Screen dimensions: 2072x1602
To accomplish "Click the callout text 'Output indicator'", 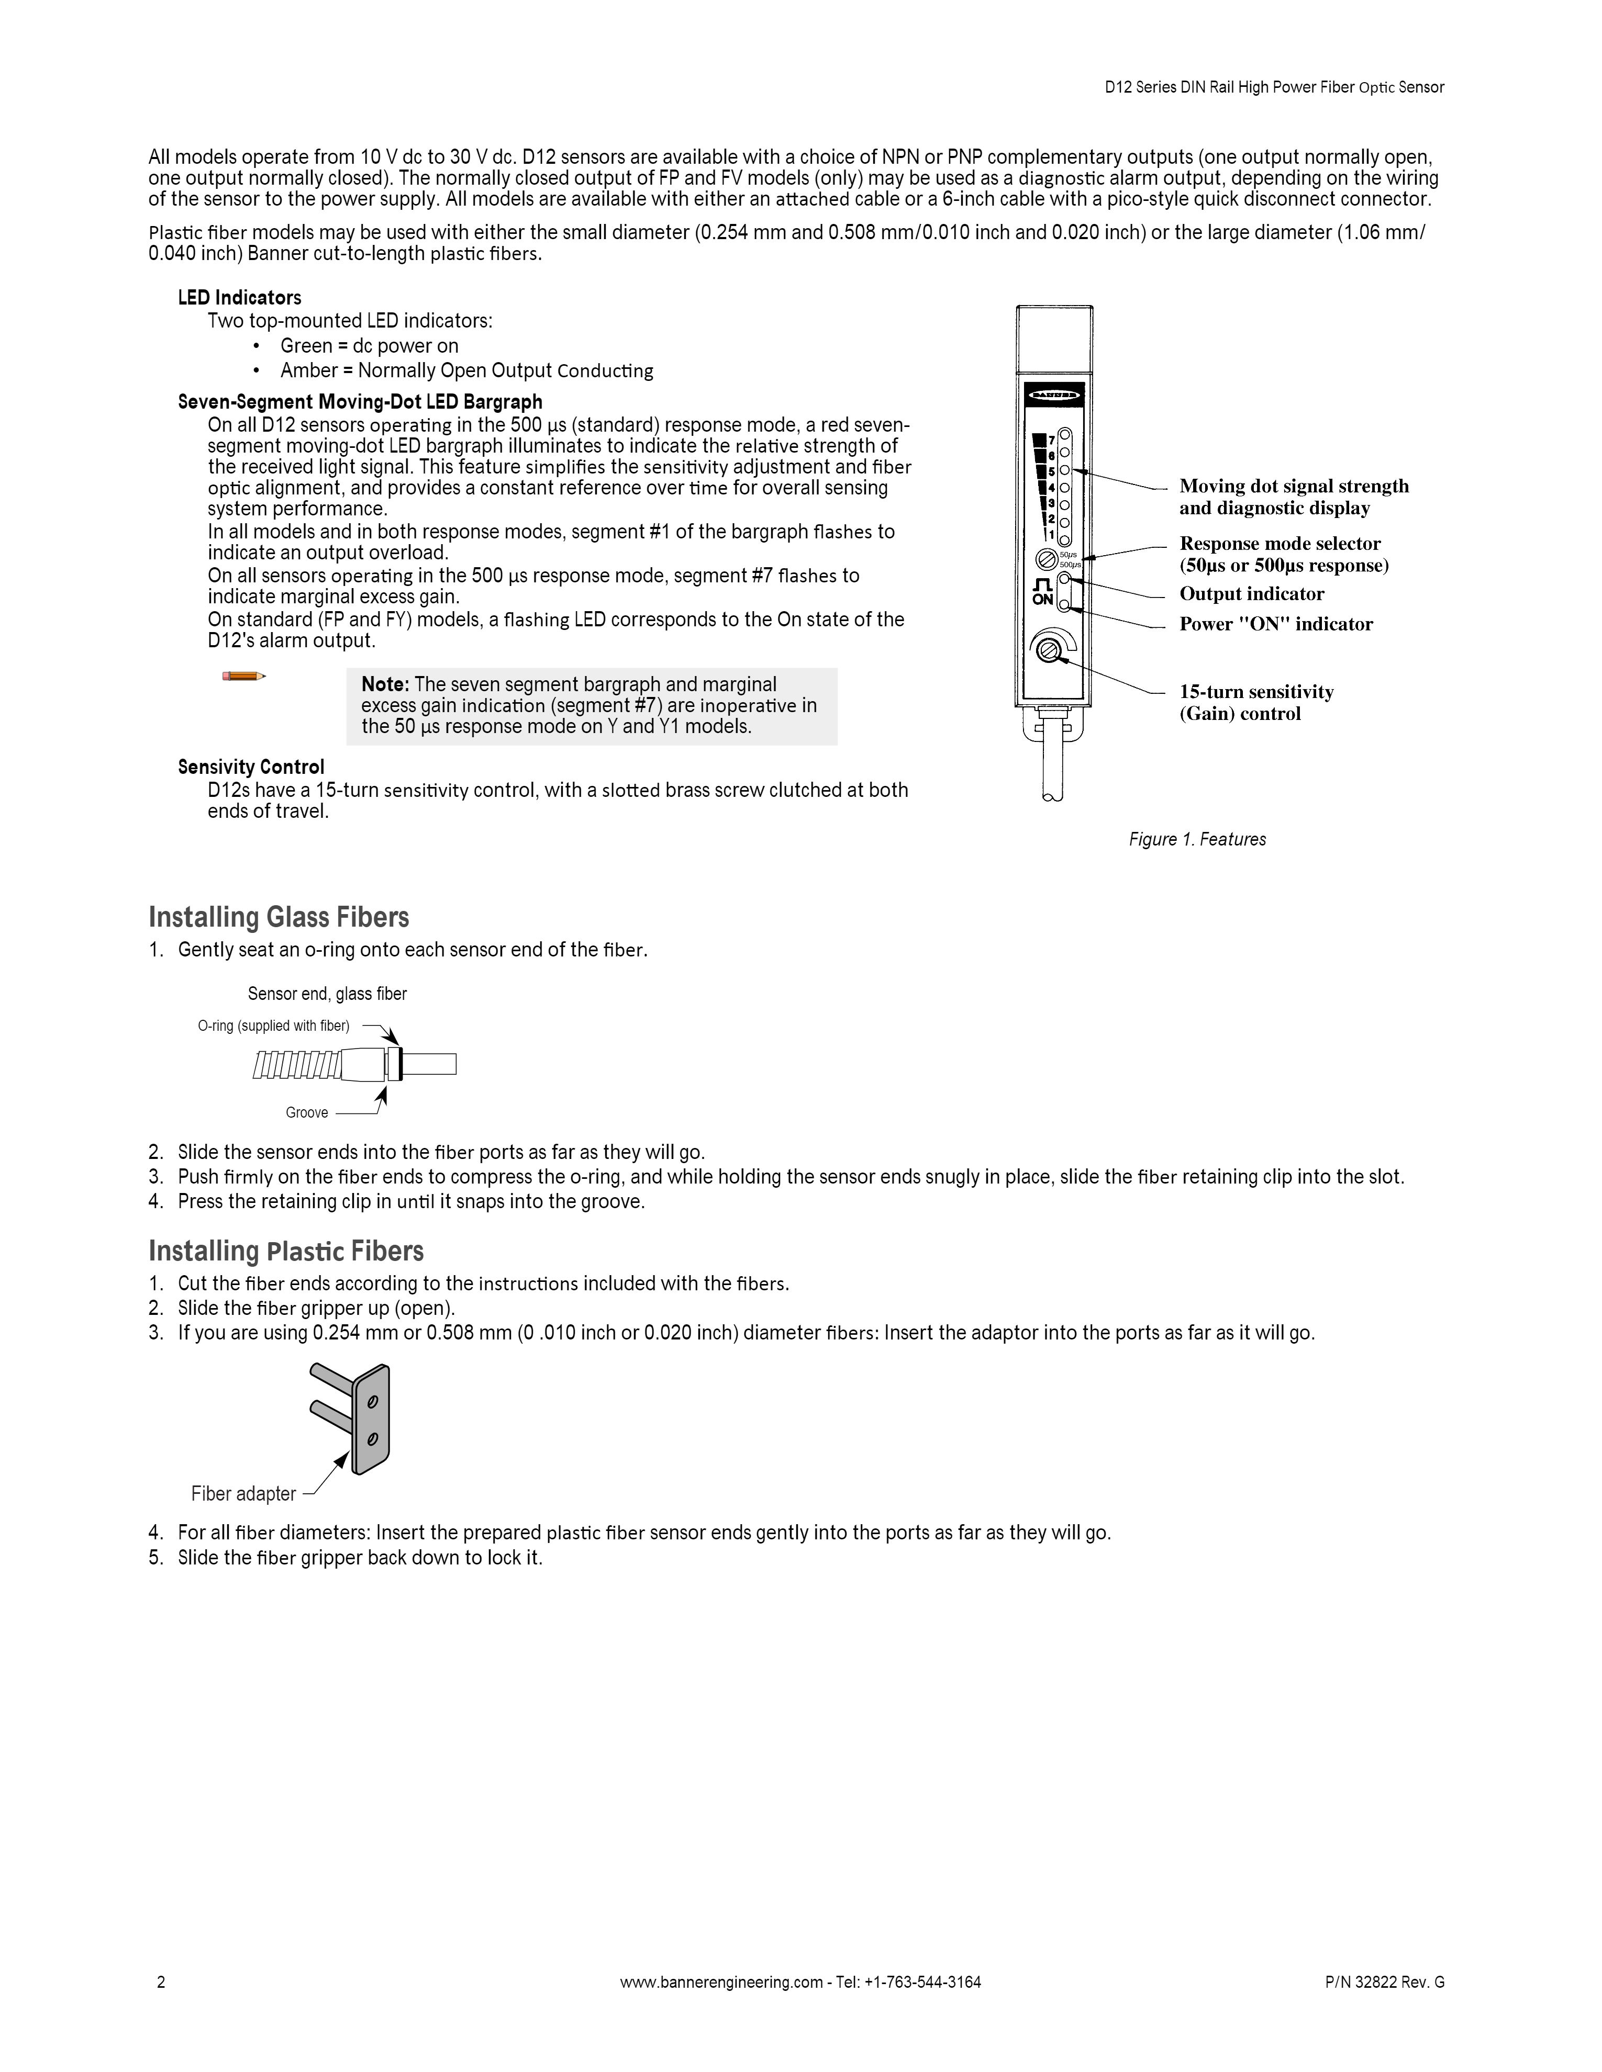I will click(1251, 594).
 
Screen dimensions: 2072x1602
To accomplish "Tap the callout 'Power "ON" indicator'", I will click(1275, 624).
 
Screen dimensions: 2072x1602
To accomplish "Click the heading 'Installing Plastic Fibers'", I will click(286, 1252).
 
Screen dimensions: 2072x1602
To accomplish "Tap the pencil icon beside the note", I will click(243, 675).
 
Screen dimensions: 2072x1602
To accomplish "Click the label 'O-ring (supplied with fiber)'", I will click(273, 1026).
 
